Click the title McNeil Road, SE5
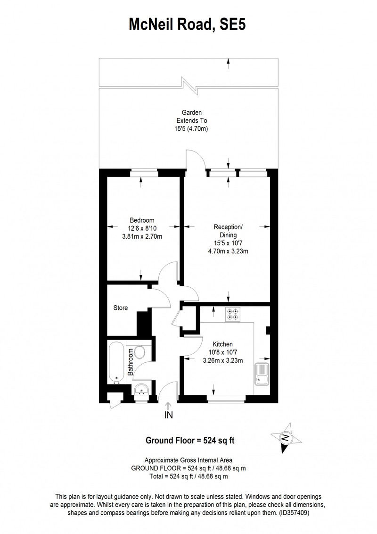187,25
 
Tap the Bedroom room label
142,220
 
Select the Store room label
121,308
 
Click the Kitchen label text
222,344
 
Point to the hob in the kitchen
233,314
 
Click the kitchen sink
262,374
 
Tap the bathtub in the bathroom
116,362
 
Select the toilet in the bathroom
139,352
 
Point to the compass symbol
286,438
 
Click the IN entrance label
169,415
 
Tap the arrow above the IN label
168,406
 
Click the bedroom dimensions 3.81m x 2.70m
142,236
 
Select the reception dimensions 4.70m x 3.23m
228,252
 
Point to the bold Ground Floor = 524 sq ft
190,440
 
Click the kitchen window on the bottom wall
226,398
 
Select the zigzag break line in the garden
189,86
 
